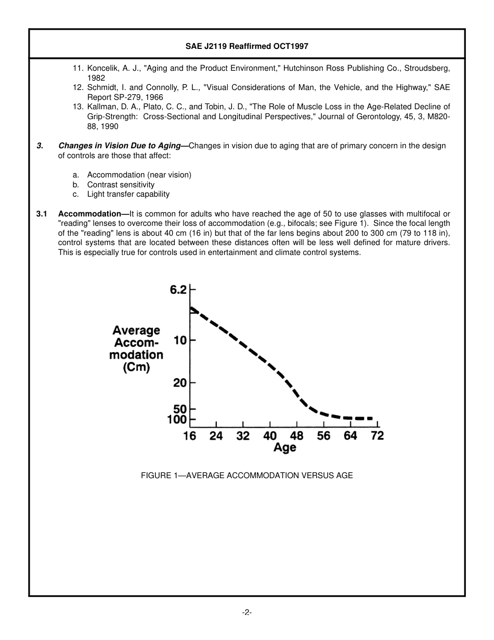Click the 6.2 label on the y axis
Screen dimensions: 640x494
(178, 290)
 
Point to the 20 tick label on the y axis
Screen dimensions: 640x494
(180, 383)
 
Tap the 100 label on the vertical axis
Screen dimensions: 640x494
(177, 419)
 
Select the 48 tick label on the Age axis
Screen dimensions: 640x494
(296, 436)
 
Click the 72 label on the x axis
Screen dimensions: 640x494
(377, 436)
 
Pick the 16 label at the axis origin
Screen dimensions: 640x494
(190, 436)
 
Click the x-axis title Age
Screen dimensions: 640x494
(285, 448)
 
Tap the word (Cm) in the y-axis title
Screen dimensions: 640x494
(136, 367)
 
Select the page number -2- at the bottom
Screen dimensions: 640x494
(247, 612)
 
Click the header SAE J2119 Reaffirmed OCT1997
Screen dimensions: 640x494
(247, 46)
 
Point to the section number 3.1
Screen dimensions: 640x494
(42, 214)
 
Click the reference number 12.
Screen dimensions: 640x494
(78, 87)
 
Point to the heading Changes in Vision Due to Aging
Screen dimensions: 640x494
(123, 146)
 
